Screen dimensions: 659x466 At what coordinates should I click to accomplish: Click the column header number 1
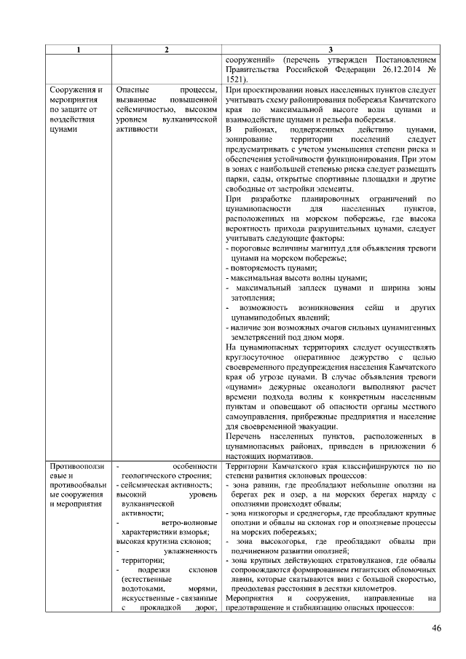79,49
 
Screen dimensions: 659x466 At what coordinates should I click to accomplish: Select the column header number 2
167,49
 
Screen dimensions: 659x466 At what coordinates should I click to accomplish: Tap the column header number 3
331,49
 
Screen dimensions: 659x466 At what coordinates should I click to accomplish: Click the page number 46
435,628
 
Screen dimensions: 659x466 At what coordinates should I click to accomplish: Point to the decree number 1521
237,79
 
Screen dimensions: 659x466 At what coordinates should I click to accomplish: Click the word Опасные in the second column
134,90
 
